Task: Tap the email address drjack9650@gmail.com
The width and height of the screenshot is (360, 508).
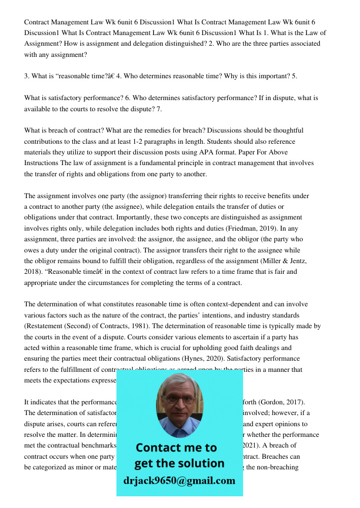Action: (179, 481)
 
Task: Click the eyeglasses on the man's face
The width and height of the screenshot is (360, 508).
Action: (179, 399)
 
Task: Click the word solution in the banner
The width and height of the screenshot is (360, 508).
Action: (201, 463)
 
